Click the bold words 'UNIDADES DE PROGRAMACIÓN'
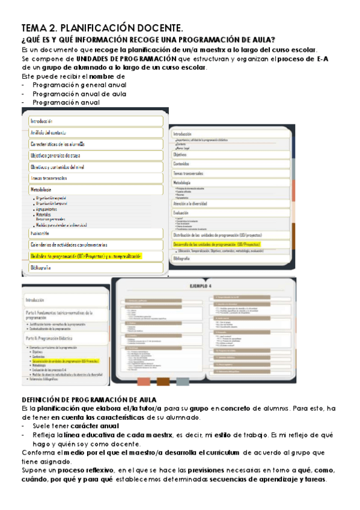click(126, 59)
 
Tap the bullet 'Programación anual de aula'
click(79, 94)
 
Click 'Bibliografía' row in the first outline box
click(41, 268)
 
